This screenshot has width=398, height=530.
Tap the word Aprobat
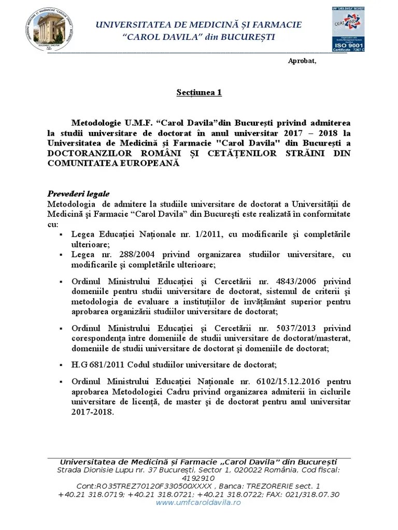(302, 61)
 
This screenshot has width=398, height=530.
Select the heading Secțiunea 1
(199, 93)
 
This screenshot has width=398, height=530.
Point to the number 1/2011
(206, 234)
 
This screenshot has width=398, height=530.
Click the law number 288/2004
(124, 254)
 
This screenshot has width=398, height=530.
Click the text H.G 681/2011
(97, 363)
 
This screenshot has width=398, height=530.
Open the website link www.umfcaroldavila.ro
(198, 503)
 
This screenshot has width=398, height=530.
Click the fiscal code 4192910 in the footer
(199, 478)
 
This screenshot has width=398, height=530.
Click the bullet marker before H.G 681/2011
(61, 364)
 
